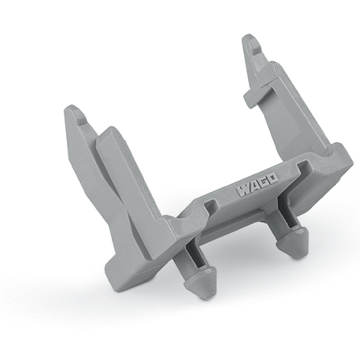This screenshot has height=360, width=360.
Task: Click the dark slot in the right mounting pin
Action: tap(288, 219)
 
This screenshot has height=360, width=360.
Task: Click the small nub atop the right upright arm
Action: tap(254, 45)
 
